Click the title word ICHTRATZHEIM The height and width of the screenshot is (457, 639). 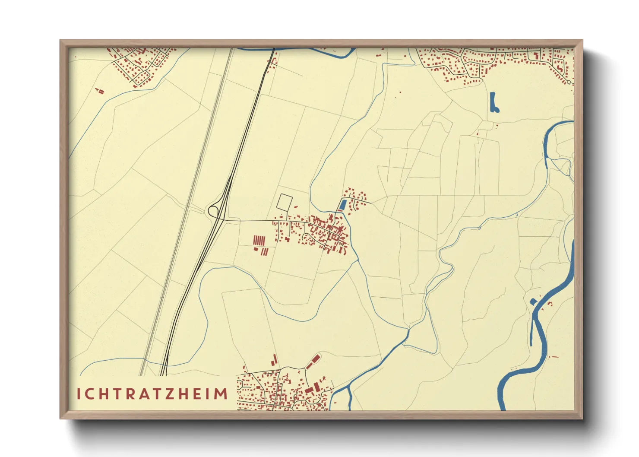152,394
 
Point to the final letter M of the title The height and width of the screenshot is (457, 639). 221,394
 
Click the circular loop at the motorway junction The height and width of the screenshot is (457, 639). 213,211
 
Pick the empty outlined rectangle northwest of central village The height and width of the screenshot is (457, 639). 285,202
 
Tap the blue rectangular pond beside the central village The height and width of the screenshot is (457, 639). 343,205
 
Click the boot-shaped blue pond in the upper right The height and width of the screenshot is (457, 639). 493,103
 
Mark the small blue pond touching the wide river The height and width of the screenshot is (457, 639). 533,301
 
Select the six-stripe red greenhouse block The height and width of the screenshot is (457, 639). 259,240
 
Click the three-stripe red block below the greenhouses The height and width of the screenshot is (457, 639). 264,251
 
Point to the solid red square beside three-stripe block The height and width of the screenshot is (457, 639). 255,249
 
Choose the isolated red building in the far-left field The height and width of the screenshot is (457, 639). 100,91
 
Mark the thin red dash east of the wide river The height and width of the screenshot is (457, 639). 554,357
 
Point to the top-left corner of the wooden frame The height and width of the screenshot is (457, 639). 60,41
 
